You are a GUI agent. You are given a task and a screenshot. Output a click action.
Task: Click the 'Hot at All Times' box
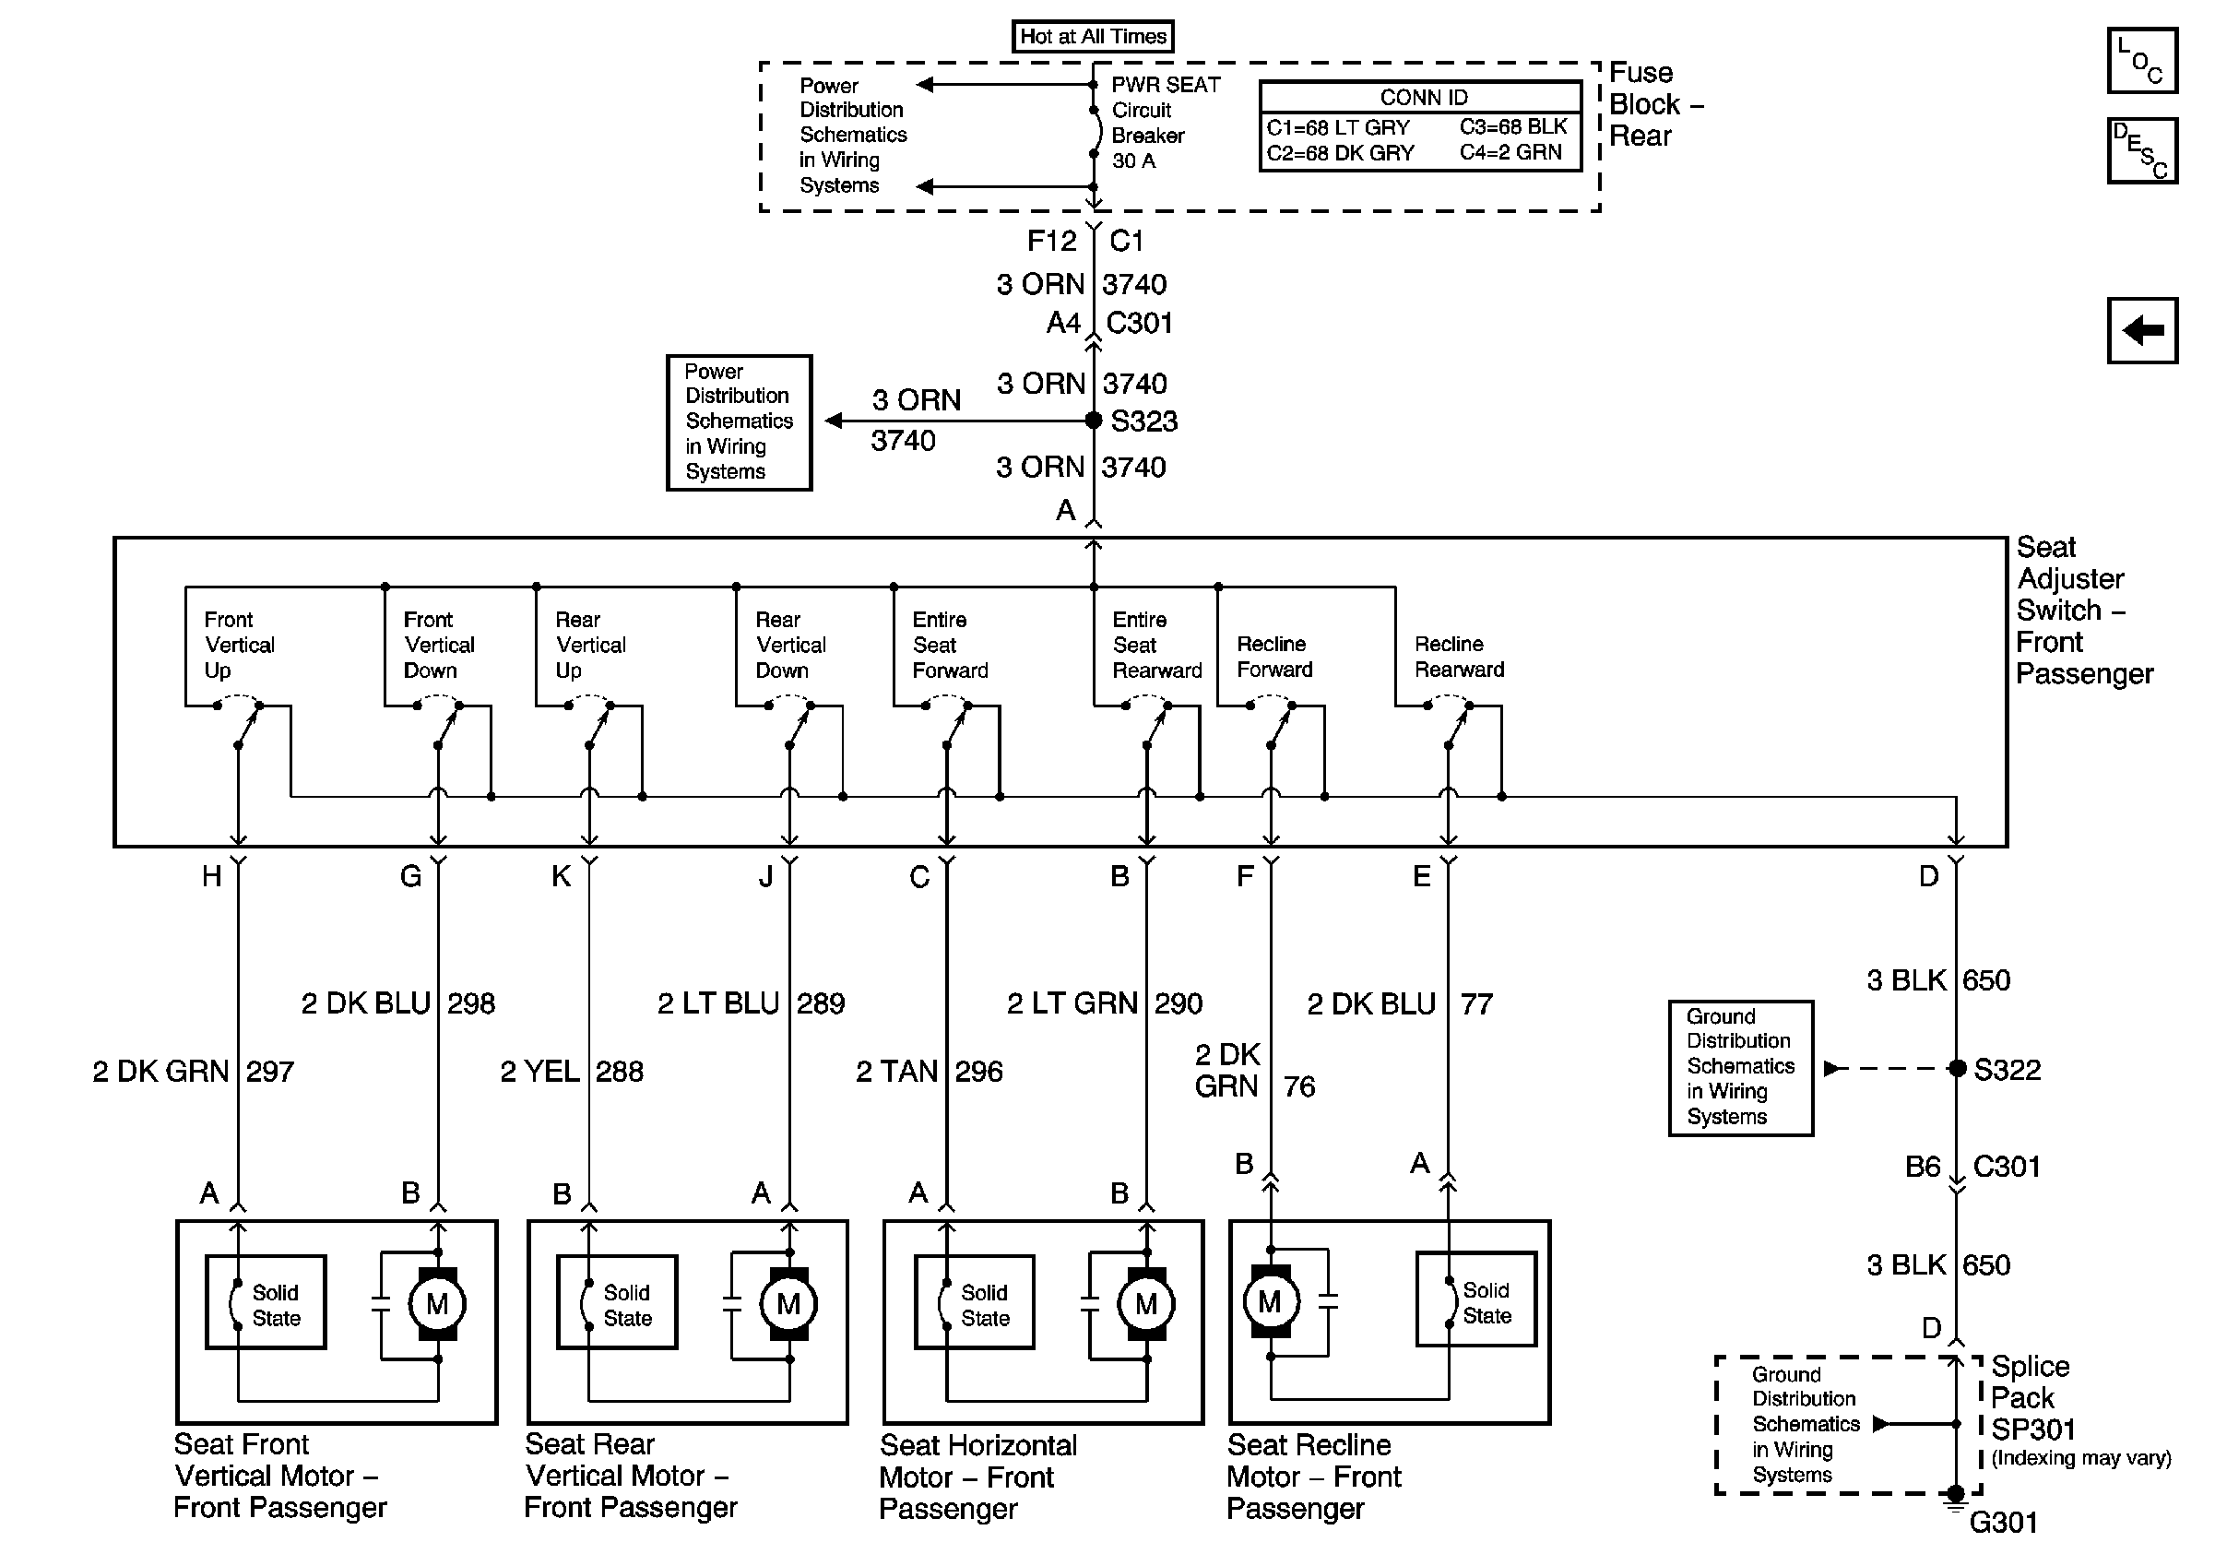coord(1093,37)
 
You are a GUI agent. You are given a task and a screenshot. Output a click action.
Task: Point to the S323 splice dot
coord(1093,421)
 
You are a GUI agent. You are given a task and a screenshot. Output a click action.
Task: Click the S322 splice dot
coord(1957,1069)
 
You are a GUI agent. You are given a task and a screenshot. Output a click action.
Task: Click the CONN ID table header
coord(1423,98)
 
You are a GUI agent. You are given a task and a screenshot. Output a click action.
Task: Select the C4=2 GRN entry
coord(1510,152)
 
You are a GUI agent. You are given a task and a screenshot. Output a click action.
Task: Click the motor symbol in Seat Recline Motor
coord(1270,1302)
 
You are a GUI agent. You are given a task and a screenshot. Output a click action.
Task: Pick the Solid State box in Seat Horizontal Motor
coord(975,1302)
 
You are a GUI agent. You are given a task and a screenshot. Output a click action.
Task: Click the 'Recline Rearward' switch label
coord(1459,657)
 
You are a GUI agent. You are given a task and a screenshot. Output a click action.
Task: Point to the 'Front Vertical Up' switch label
coord(239,645)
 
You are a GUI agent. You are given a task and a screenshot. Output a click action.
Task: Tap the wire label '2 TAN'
coord(897,1072)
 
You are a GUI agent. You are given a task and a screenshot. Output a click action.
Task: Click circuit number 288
coord(620,1072)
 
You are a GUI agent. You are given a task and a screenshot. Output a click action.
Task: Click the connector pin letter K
coord(561,877)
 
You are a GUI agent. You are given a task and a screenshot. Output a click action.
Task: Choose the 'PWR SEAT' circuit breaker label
coord(1166,85)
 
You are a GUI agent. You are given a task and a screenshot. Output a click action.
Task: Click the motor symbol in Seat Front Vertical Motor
coord(437,1304)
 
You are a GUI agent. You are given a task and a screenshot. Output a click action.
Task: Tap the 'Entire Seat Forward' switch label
coord(950,645)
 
